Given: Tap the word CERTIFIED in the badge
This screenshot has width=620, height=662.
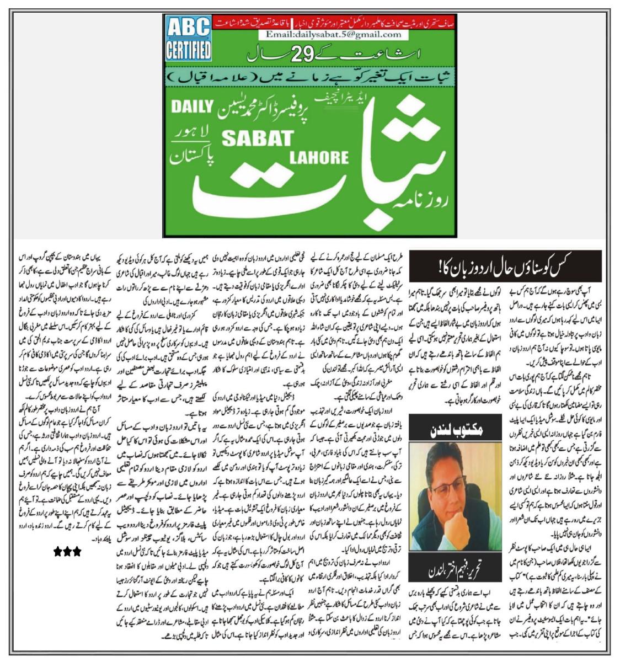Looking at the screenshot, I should (x=188, y=50).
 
